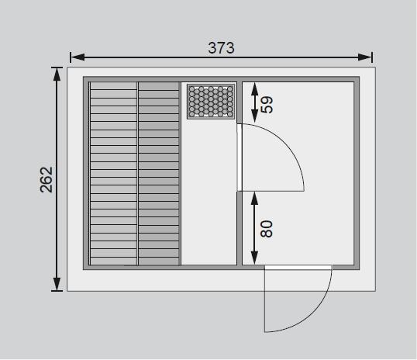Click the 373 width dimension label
[221, 48]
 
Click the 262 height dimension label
[47, 179]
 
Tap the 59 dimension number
[267, 105]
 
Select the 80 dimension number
[267, 229]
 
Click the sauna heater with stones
[211, 101]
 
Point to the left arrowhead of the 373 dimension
[78, 57]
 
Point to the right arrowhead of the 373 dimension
[364, 57]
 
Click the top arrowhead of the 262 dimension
[57, 74]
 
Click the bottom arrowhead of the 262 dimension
[57, 284]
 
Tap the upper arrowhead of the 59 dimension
[255, 89]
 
